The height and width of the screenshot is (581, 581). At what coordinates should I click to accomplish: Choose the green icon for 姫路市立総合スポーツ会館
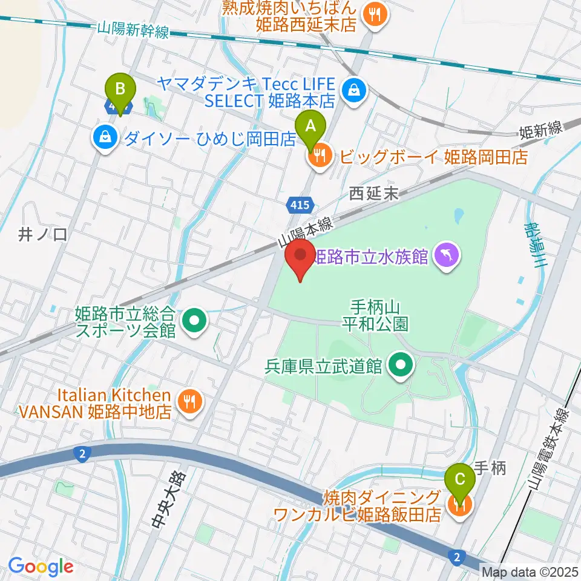(194, 322)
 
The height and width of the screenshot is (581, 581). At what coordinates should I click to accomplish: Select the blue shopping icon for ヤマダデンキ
(351, 91)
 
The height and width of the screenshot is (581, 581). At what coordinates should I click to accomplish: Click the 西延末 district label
(373, 194)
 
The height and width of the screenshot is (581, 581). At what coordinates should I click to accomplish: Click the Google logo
(41, 566)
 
